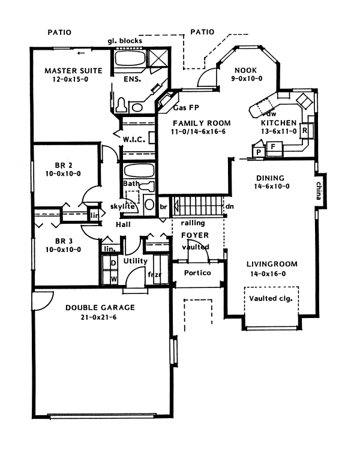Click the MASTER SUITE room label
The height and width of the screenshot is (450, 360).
73,70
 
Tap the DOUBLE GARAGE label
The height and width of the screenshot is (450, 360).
100,307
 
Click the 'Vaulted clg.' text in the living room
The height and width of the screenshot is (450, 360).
270,298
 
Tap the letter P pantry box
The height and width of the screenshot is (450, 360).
259,152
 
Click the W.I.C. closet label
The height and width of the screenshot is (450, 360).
133,140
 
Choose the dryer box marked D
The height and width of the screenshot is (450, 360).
113,263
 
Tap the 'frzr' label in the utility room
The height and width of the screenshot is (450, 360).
154,275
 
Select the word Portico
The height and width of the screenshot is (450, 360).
190,272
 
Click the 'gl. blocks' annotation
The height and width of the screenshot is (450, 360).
125,40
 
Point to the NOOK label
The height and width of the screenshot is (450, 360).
245,69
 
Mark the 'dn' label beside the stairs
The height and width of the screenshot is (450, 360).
229,206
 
